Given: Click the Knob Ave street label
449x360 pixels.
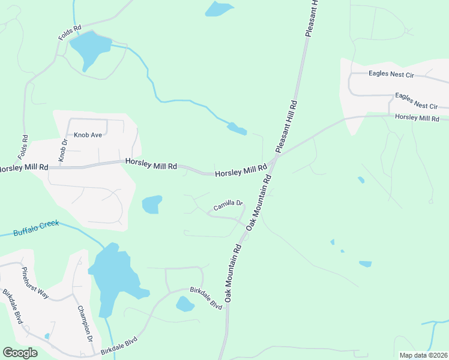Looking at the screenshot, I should point(88,135).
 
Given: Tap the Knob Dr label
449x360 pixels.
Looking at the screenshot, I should point(62,150).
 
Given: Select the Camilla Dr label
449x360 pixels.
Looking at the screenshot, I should point(228,206).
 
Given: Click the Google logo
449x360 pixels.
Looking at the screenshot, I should point(20,353).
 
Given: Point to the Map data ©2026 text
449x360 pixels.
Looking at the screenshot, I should point(423,355).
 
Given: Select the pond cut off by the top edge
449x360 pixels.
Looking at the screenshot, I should point(219,8).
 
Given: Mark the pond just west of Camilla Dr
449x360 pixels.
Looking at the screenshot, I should point(152,204).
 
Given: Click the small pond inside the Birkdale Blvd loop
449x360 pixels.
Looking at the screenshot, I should point(185,304).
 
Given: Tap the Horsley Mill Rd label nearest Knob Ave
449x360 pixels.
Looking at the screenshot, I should point(151,164).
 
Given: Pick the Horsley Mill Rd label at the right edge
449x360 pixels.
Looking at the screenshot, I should point(417,118).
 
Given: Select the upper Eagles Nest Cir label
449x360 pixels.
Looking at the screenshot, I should point(390,75).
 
